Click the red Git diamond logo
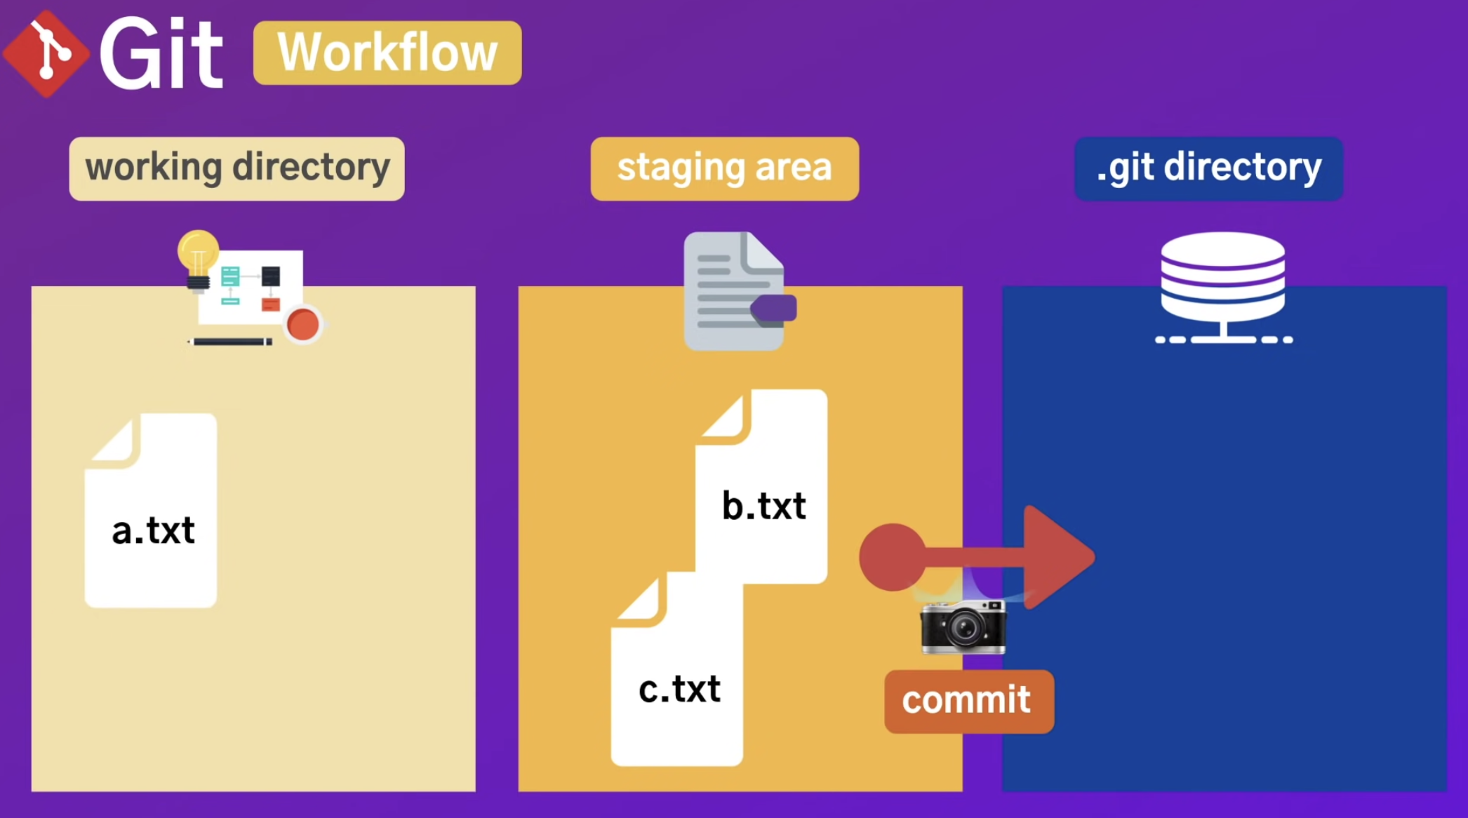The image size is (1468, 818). point(46,53)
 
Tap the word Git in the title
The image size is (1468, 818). point(162,54)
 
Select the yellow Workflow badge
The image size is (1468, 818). point(387,53)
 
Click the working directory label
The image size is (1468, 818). point(236,168)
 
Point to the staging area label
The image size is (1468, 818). point(724,168)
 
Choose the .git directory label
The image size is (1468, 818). point(1208,168)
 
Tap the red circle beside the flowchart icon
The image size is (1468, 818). point(303,325)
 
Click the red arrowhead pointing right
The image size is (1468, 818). point(1056,557)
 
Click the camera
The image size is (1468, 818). point(963,626)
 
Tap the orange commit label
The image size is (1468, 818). point(968,701)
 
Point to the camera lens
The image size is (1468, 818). point(963,629)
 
